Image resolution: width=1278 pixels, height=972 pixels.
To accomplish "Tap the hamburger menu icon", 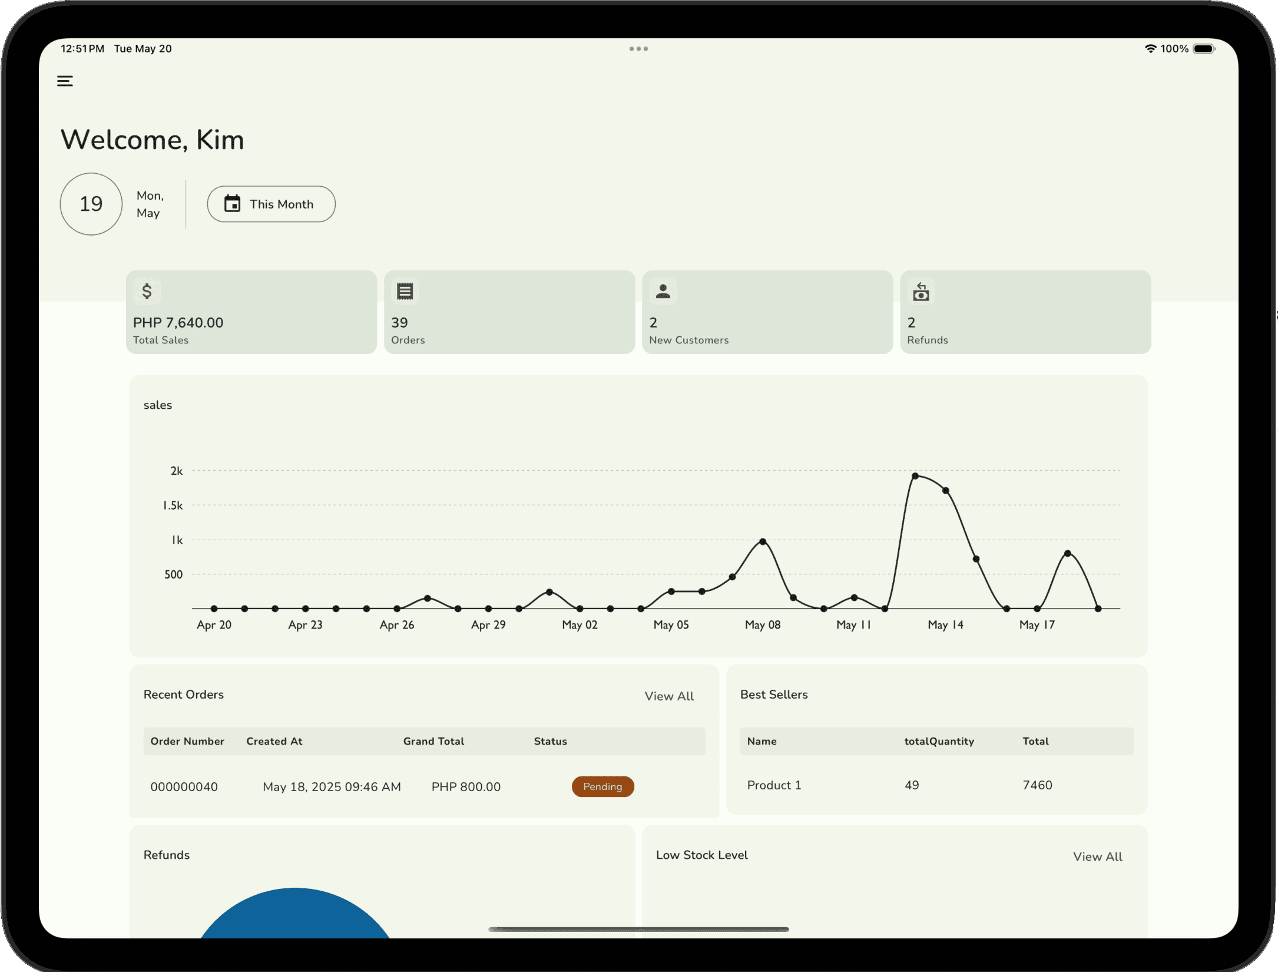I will point(65,81).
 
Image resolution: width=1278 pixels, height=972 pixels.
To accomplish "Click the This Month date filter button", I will point(271,204).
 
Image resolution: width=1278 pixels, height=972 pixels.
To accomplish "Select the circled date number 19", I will point(91,204).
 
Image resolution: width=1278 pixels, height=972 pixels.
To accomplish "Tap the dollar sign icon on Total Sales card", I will point(147,291).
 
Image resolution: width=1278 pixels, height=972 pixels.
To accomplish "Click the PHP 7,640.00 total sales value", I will point(178,323).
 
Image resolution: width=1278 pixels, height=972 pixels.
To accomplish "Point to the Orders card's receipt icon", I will point(405,291).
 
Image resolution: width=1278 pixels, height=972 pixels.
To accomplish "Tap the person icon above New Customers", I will point(663,291).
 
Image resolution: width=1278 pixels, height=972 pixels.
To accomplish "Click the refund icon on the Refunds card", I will point(921,292).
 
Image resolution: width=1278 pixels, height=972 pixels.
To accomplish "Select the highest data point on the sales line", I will point(915,476).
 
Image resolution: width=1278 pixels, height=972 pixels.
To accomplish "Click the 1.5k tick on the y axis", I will point(173,505).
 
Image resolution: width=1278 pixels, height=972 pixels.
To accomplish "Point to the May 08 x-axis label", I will point(762,625).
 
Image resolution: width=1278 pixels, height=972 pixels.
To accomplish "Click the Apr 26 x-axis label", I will point(396,625).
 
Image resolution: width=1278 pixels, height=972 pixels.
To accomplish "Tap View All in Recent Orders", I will point(668,696).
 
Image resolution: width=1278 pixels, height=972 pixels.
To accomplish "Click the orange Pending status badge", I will point(602,786).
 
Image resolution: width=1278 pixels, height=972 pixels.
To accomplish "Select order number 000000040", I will point(184,787).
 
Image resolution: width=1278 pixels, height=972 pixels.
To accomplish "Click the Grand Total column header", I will point(433,741).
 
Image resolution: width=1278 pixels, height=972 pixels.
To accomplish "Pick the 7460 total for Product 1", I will point(1037,785).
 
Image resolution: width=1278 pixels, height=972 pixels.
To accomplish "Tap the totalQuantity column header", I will point(939,741).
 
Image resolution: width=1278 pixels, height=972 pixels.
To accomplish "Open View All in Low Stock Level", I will point(1097,857).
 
